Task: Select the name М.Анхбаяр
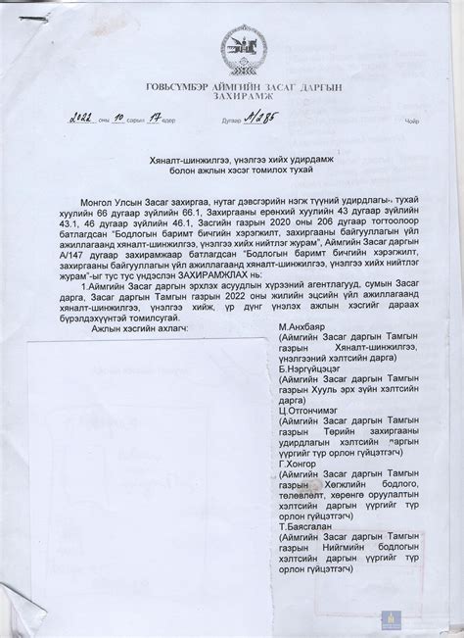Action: coord(303,353)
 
